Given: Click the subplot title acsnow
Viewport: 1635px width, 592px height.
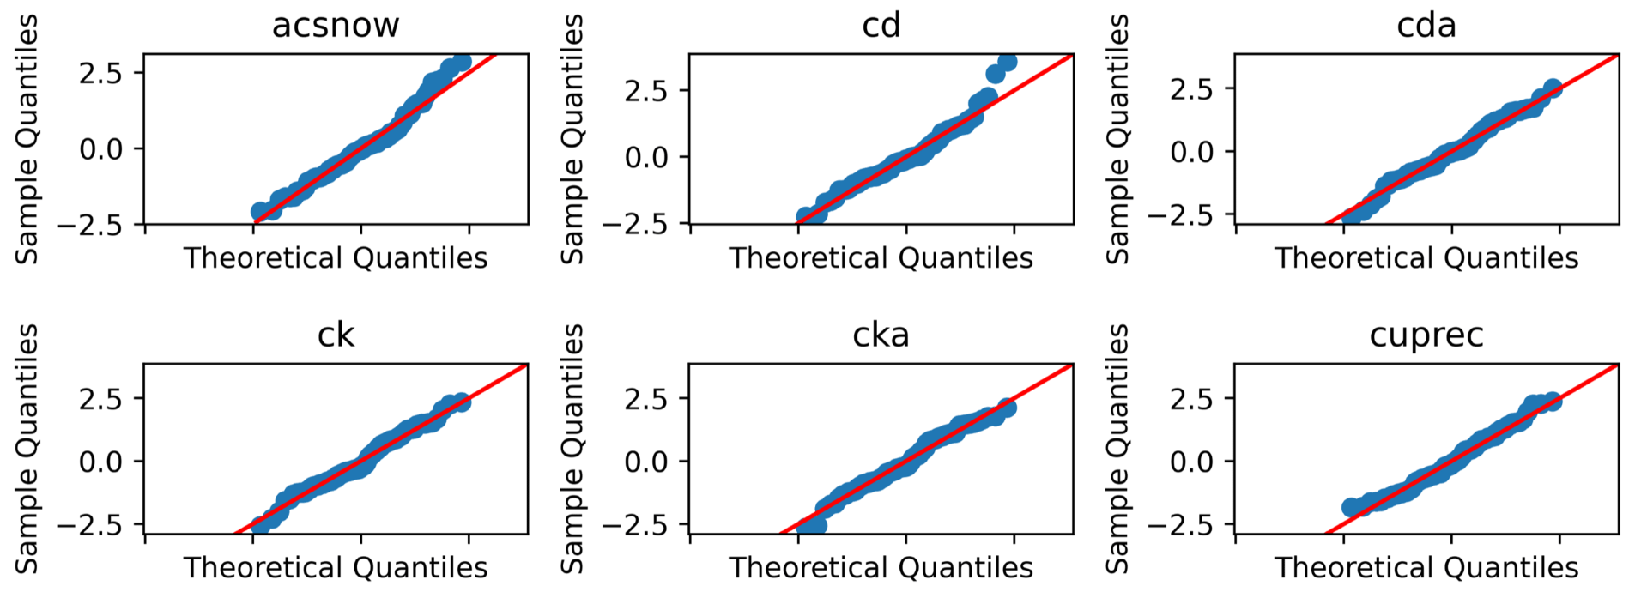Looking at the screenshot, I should pos(336,25).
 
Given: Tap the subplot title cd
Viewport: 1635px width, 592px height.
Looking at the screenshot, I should pos(881,25).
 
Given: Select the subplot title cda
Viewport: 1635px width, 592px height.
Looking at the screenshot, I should pos(1426,25).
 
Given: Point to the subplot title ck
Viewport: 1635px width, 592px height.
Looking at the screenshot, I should pos(336,335).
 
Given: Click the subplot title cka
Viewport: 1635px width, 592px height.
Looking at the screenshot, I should pos(881,335).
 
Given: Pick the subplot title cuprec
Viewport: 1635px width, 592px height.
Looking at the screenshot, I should pos(1426,335).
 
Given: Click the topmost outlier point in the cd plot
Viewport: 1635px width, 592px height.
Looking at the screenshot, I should pos(1008,62).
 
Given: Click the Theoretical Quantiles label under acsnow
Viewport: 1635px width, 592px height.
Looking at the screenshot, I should pos(336,257).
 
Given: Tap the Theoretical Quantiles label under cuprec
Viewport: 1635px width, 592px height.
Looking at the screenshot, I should pos(1426,567).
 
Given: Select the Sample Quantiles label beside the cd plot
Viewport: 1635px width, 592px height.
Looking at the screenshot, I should pos(572,139).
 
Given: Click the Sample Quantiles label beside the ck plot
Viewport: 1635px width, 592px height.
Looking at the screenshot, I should pos(27,449).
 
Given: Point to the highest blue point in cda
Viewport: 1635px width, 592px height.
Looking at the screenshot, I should pos(1552,89).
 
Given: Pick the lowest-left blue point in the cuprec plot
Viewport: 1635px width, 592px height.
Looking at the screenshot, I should pos(1351,507).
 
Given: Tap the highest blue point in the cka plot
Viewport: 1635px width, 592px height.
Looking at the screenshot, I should pos(1007,408).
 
